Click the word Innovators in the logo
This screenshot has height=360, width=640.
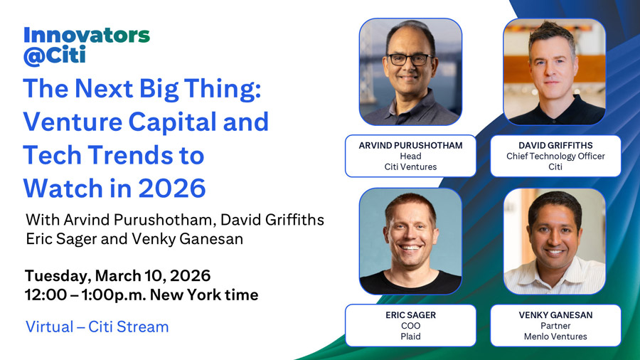(86, 35)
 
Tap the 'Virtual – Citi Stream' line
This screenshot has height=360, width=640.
(97, 327)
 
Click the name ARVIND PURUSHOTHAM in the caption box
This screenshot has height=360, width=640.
(410, 145)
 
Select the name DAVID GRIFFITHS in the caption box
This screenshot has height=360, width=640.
(555, 145)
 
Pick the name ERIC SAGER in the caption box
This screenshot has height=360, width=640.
(410, 314)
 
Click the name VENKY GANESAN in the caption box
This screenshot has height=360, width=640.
(555, 314)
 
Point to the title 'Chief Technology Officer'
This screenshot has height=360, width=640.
(555, 156)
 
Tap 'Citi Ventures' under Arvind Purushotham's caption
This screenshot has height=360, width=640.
(410, 167)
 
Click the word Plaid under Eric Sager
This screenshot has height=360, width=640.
(410, 337)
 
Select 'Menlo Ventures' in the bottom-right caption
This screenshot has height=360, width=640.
(555, 337)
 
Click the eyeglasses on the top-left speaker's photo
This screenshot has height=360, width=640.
(410, 60)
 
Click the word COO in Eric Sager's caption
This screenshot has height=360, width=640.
(410, 325)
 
